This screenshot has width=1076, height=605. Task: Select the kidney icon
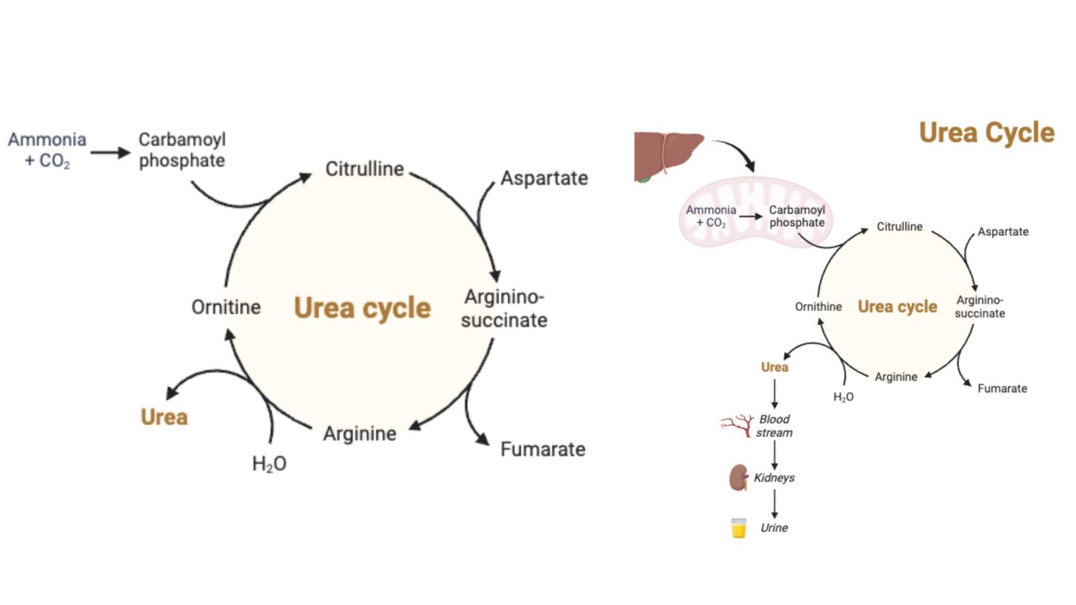tap(738, 478)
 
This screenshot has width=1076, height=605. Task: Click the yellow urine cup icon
tap(738, 528)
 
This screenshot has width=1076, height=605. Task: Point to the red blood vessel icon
tap(736, 425)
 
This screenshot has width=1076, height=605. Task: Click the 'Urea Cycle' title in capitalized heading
tap(986, 132)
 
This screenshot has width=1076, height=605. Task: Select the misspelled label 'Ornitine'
tap(226, 307)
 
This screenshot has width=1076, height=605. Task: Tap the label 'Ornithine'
tap(818, 307)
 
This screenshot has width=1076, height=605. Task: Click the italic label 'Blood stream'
tap(774, 426)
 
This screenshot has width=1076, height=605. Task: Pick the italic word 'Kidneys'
tap(774, 478)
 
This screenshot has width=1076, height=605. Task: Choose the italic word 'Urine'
tap(774, 528)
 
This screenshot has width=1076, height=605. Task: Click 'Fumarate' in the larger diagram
tap(543, 449)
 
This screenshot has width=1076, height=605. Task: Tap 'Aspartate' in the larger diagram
tap(544, 178)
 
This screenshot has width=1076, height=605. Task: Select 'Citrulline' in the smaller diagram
tap(899, 227)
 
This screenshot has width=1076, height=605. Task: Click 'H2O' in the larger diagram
tap(269, 464)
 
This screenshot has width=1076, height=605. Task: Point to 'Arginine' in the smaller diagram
tap(896, 377)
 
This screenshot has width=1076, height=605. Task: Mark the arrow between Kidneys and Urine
tap(774, 503)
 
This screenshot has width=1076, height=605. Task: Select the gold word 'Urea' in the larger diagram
tap(164, 417)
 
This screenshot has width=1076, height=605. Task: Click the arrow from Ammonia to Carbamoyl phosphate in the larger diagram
tap(110, 153)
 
